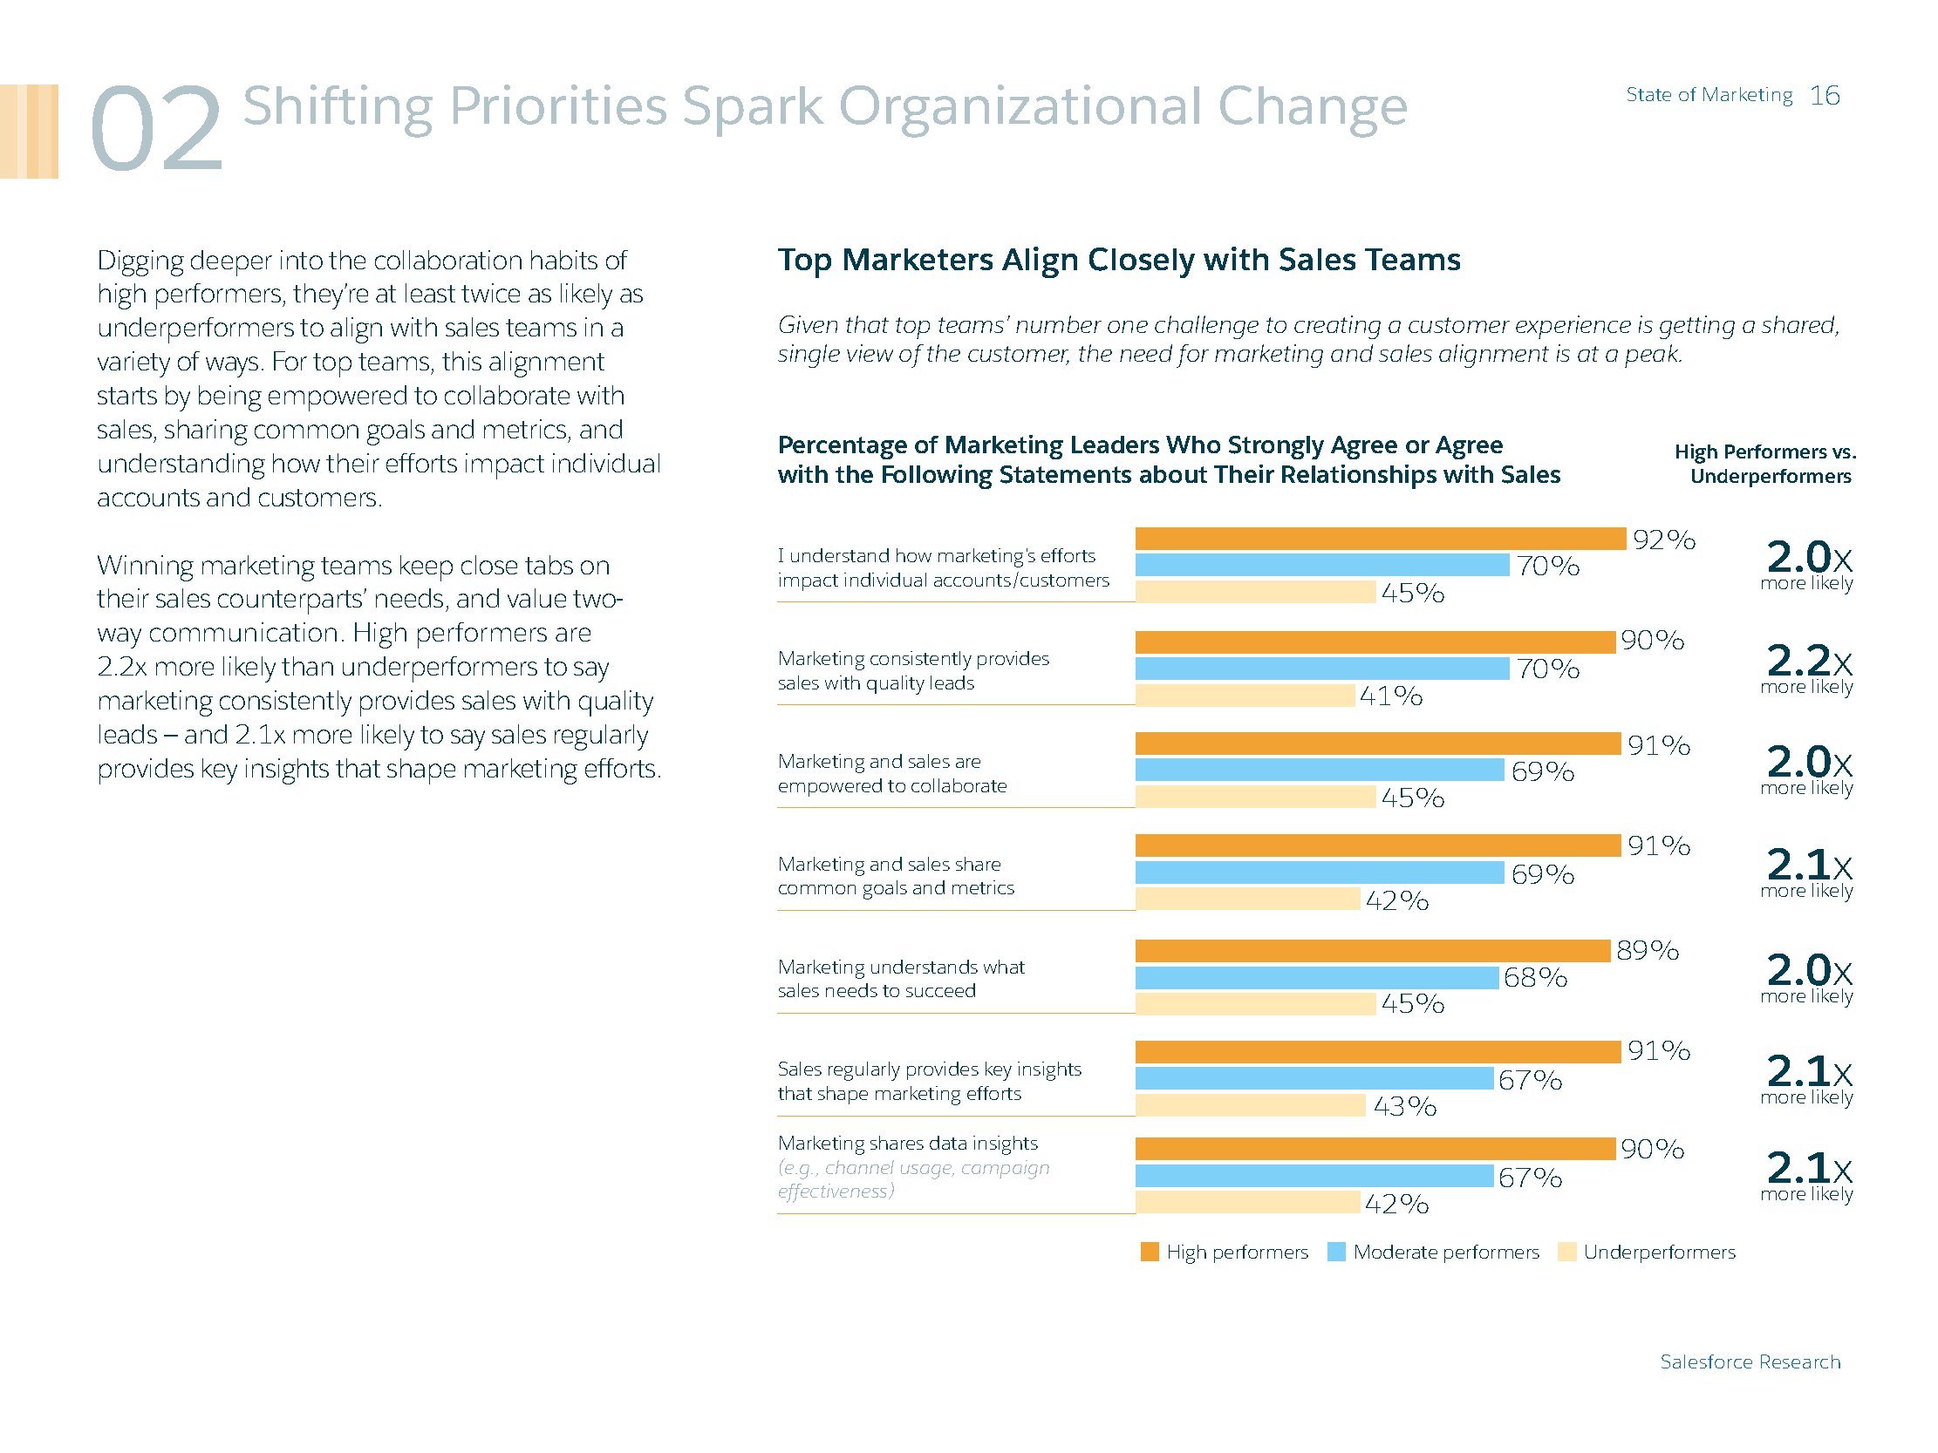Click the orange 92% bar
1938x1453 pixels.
click(x=1380, y=539)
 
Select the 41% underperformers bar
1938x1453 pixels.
click(x=1245, y=696)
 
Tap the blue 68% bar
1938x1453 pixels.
click(x=1317, y=977)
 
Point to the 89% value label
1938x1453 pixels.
click(x=1647, y=950)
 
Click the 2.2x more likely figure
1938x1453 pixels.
click(x=1807, y=667)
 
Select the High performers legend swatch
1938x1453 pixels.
click(x=1150, y=1252)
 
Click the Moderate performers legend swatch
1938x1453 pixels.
click(x=1336, y=1252)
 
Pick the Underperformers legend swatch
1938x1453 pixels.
click(x=1566, y=1252)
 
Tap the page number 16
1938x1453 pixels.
click(x=1825, y=96)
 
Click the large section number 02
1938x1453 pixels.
click(x=156, y=130)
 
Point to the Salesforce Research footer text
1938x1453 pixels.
click(x=1750, y=1361)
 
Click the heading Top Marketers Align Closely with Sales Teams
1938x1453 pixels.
click(x=1119, y=260)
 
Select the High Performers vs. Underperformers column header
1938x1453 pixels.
click(x=1766, y=465)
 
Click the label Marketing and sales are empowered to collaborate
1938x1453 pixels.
click(x=892, y=773)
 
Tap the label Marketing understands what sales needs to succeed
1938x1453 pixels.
click(x=901, y=978)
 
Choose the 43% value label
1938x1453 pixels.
click(x=1404, y=1107)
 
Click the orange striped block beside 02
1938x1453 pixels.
click(x=29, y=132)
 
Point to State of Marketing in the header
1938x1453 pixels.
click(x=1709, y=95)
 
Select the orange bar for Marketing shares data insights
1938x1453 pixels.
click(x=1375, y=1148)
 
